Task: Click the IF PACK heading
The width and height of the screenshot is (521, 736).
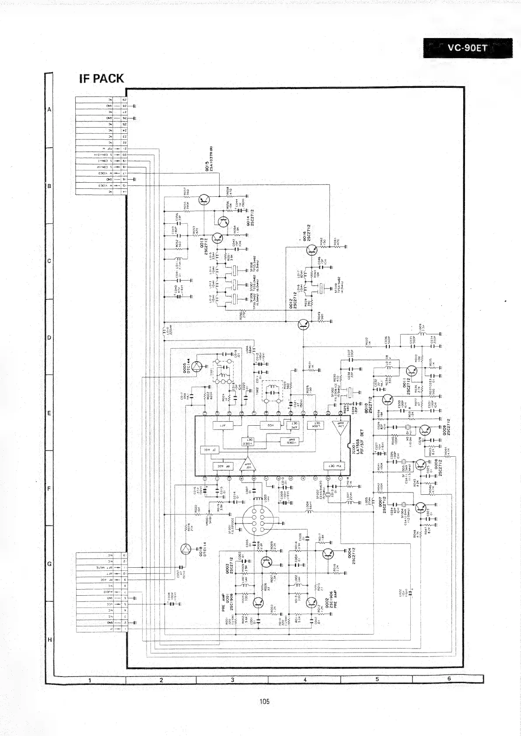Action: pos(101,79)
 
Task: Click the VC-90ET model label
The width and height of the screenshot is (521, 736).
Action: pos(467,48)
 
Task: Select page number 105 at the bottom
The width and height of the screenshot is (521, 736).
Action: pos(264,701)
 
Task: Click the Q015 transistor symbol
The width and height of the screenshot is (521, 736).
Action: pos(204,200)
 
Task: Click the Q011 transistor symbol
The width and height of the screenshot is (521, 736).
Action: pos(411,371)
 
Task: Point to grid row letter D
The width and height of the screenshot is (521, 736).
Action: pos(49,338)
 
